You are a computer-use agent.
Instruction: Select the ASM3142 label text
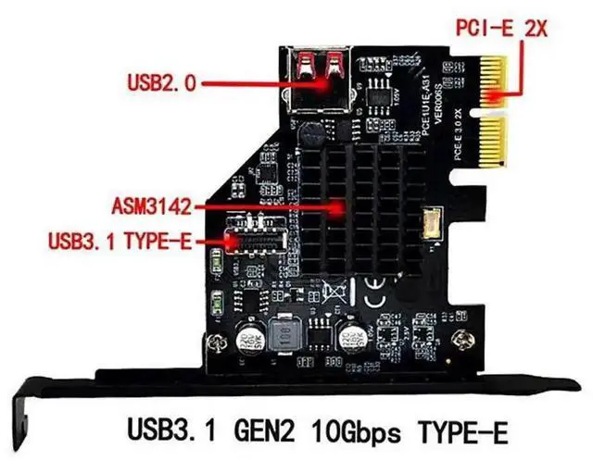pyautogui.click(x=151, y=204)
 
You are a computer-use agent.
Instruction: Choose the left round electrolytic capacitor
pyautogui.click(x=247, y=338)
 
